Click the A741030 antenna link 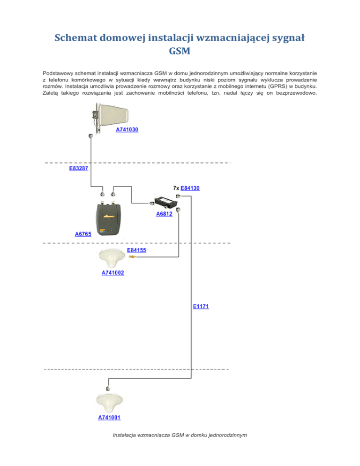pos(127,129)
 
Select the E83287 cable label pos(78,168)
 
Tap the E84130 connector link pos(190,188)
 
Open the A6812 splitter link pos(164,214)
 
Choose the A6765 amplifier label pos(83,234)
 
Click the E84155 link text pos(136,250)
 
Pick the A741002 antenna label pos(112,272)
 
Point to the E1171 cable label pos(201,307)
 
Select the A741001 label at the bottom pos(109,417)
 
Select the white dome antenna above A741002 pos(112,258)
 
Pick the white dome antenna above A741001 pos(109,402)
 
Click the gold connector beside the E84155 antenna pos(132,256)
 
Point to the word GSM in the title pos(180,51)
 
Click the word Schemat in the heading pos(75,38)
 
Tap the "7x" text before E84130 pos(176,188)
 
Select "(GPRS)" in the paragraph pos(277,86)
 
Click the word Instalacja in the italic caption pos(124,435)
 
